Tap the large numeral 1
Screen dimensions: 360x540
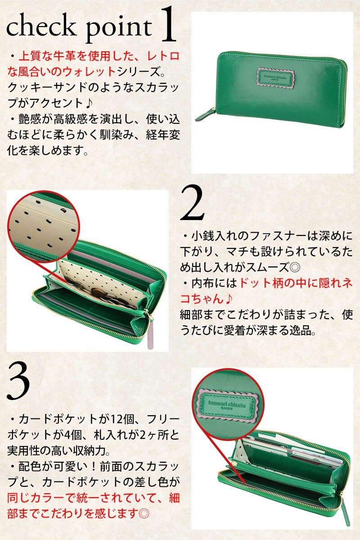point(167,24)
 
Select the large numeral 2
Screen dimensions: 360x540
point(192,202)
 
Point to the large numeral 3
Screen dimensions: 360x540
point(18,381)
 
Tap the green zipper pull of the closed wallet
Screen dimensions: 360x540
point(205,116)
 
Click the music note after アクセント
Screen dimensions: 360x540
point(89,103)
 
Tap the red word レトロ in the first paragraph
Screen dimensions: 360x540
point(163,56)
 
